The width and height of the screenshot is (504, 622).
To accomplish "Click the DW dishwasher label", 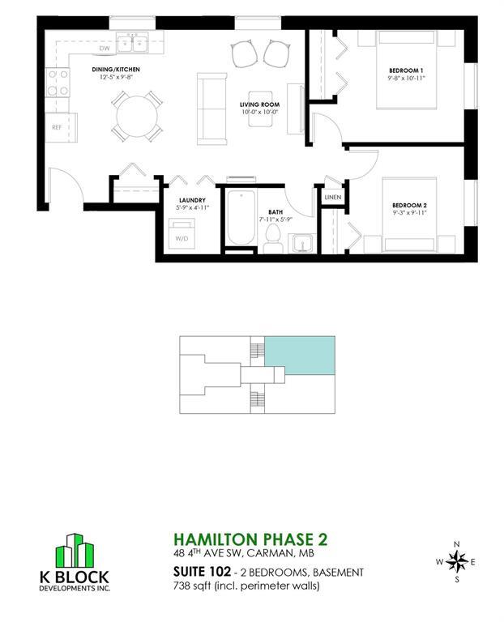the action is point(105,49).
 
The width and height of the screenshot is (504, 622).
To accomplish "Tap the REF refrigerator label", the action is point(57,128).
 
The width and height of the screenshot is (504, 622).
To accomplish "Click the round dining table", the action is point(137,117).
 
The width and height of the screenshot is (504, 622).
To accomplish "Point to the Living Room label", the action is point(259,104).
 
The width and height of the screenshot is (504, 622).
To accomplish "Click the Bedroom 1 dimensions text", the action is point(407,78).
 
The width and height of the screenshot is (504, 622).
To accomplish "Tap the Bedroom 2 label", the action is point(409,206).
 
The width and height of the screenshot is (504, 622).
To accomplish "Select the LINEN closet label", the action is point(332,197).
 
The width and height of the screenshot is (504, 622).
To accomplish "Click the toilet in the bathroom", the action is point(273,238).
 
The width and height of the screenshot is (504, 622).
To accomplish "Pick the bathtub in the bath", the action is point(241,218).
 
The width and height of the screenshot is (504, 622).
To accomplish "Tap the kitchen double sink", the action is point(132,43).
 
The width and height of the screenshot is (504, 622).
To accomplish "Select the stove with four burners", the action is point(58,83).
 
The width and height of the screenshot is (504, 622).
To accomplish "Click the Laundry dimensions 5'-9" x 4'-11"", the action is point(193,207).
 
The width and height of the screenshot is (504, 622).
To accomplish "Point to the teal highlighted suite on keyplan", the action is point(300,356).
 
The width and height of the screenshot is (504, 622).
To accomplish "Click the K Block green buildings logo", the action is point(75,550).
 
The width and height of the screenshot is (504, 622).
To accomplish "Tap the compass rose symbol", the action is point(457,562).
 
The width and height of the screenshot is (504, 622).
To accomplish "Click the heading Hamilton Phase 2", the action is point(250,539).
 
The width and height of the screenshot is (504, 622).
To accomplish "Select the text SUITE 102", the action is point(202,572).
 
